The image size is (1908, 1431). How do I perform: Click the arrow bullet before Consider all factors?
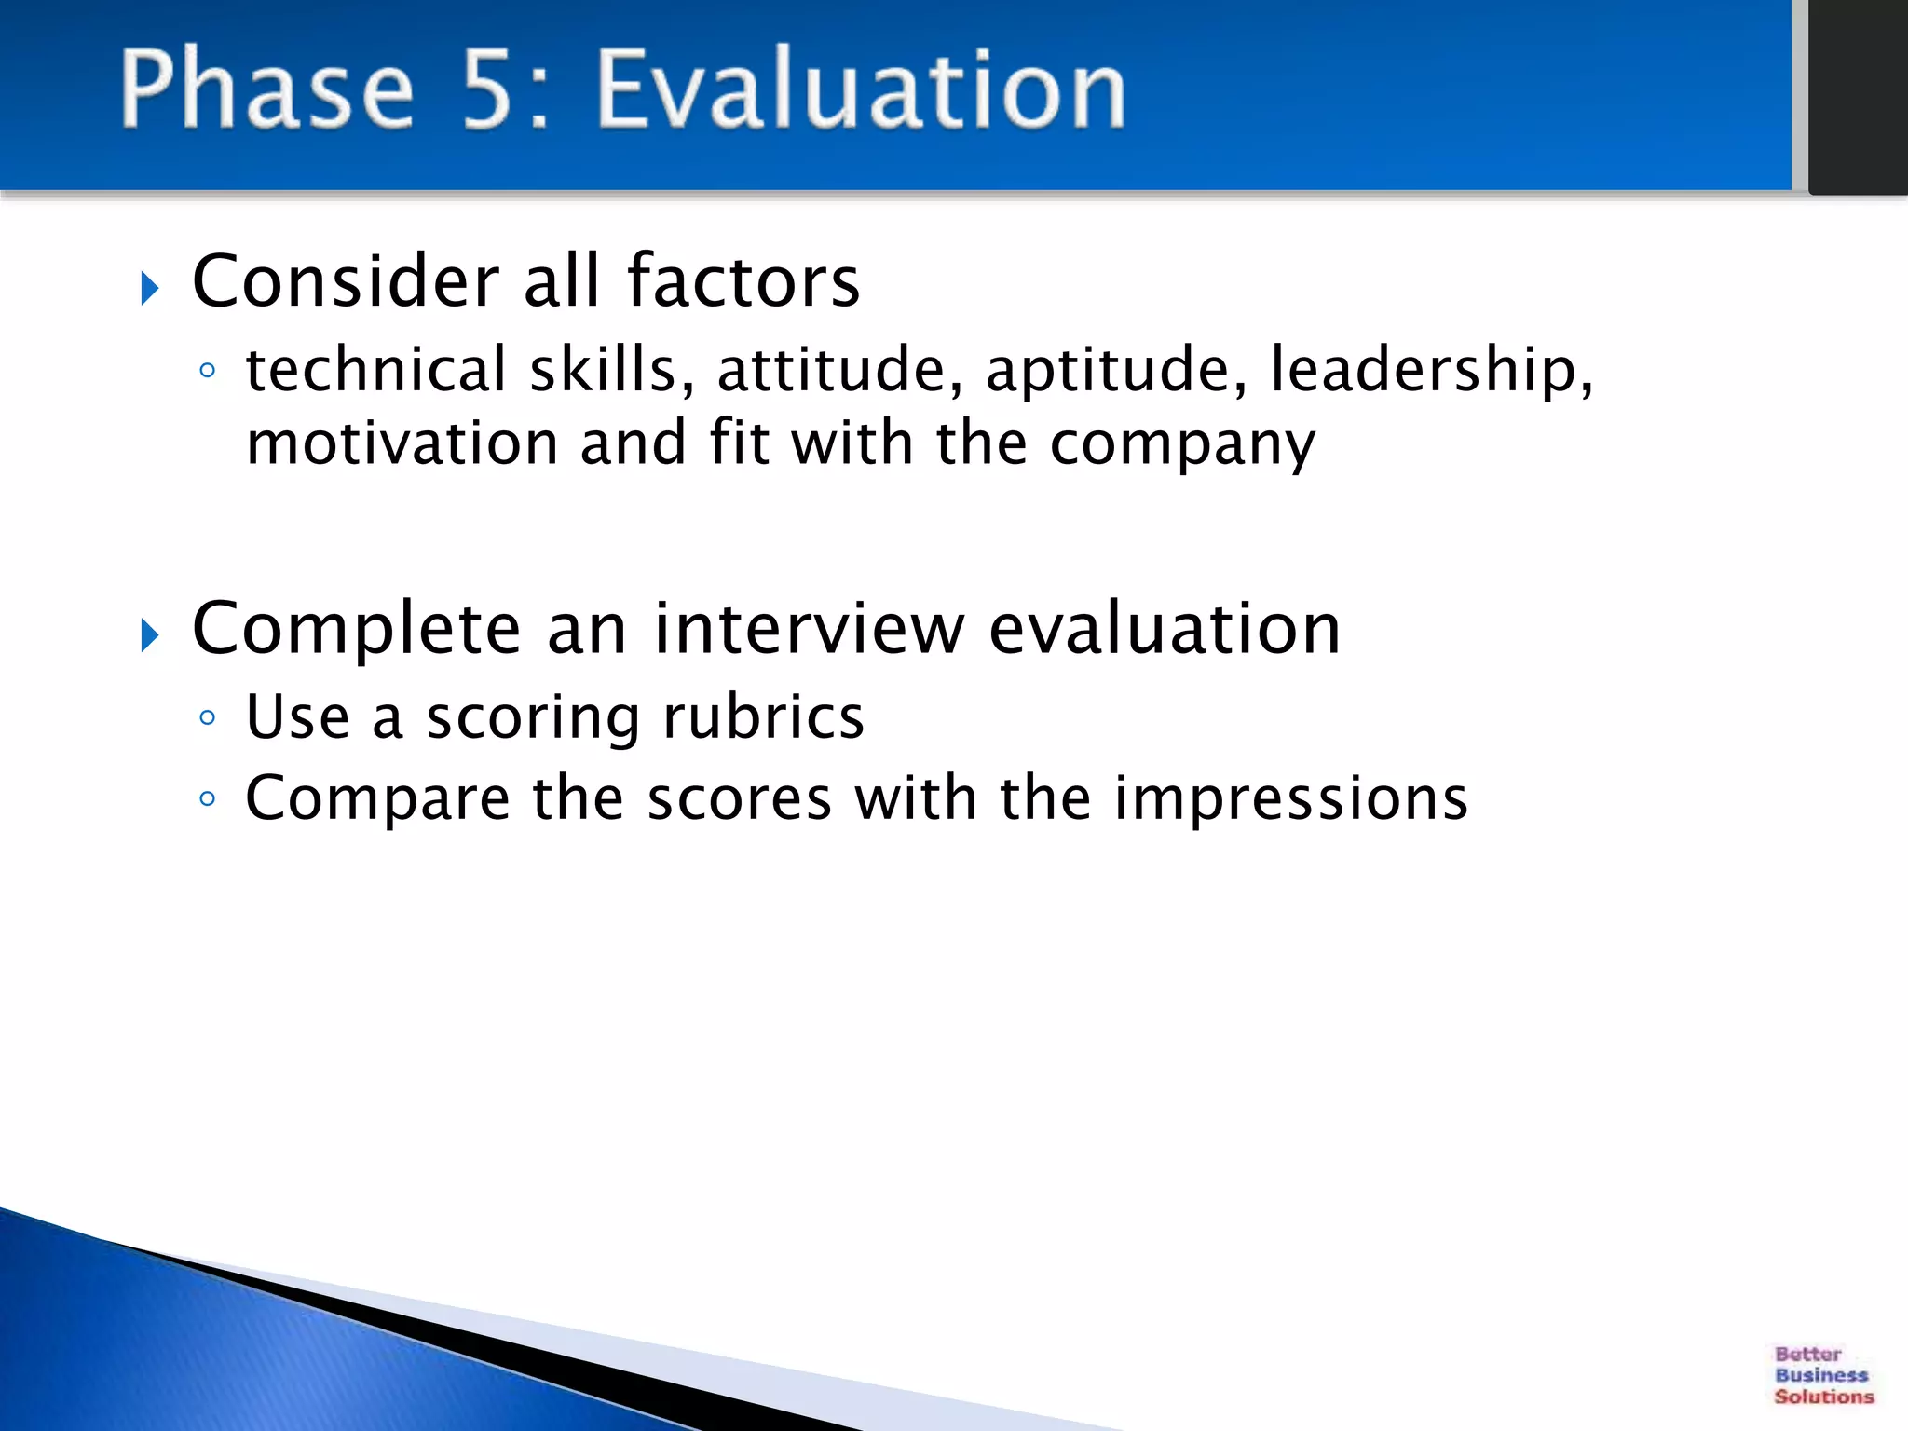(150, 289)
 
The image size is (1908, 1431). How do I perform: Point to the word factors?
(743, 281)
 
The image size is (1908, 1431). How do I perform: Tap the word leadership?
(1431, 371)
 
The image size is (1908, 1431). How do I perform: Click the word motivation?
(401, 443)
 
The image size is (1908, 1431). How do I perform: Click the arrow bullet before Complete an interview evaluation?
(150, 636)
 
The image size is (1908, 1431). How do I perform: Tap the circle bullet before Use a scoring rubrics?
(208, 717)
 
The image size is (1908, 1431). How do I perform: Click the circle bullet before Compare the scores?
(208, 798)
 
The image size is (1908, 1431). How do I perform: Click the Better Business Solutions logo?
(1822, 1375)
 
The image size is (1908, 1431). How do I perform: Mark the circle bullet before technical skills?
(208, 371)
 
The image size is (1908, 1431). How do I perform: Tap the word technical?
(375, 370)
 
